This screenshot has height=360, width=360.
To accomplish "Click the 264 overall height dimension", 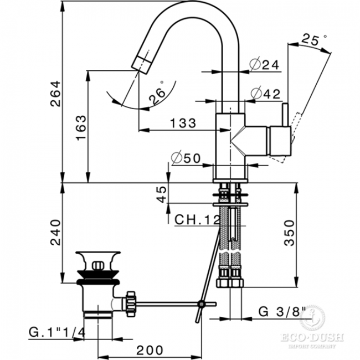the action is click(x=56, y=94).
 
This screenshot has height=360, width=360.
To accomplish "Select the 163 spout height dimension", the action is click(x=81, y=127).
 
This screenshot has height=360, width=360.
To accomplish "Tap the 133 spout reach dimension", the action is click(x=183, y=123).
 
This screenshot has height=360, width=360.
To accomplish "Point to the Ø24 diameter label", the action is click(x=264, y=64).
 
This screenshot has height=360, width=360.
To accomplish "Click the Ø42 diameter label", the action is click(x=265, y=93).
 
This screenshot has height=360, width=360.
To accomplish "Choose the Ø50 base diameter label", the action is click(x=186, y=158).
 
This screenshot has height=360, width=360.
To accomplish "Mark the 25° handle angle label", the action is click(x=313, y=39).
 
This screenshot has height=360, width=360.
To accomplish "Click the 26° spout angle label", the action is click(x=157, y=92).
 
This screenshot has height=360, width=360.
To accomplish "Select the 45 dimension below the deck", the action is click(x=162, y=194).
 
